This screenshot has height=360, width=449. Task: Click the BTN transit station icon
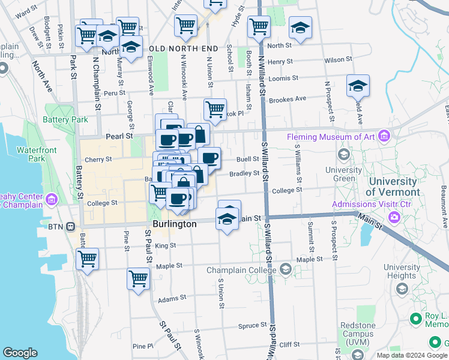(x=71, y=227)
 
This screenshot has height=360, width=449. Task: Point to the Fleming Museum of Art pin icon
(x=384, y=137)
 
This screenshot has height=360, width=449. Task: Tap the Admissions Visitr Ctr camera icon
(x=394, y=217)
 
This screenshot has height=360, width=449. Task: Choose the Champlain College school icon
(x=285, y=270)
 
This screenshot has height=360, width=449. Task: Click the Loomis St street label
(x=284, y=79)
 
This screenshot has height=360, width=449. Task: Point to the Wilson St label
(x=338, y=60)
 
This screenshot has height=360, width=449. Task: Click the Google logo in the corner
(x=20, y=353)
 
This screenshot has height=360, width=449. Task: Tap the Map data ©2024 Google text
(x=412, y=355)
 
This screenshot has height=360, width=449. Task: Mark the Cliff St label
(x=289, y=344)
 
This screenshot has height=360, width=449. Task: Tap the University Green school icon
(x=344, y=155)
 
